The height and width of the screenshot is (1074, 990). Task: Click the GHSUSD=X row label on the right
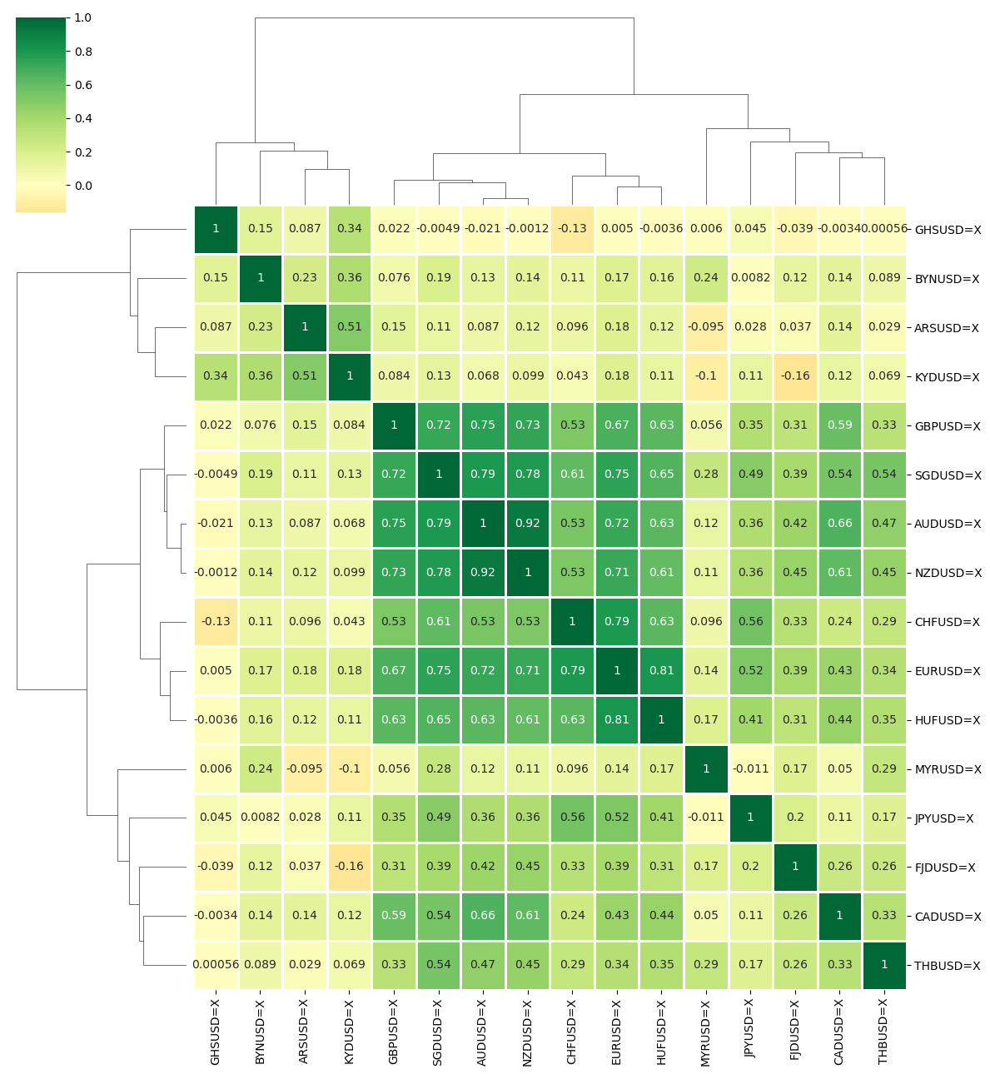948,230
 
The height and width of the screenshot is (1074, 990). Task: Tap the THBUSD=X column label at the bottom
883,1031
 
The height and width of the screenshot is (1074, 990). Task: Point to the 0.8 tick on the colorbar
82,52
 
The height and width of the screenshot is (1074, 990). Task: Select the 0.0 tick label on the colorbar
82,186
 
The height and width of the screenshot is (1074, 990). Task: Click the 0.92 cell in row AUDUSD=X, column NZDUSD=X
528,524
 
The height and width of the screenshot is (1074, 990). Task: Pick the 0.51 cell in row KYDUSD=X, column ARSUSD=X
305,376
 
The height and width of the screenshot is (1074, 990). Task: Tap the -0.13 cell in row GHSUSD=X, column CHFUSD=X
572,229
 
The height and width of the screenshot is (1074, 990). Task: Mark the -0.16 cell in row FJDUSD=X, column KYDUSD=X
350,867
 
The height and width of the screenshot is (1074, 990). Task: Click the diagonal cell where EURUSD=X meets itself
617,670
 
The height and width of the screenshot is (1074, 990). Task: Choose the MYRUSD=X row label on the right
948,769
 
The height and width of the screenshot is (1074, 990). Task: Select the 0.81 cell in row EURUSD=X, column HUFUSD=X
662,670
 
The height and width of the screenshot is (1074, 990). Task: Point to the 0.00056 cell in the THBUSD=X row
216,965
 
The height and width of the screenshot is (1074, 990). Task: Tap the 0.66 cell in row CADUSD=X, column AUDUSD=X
483,916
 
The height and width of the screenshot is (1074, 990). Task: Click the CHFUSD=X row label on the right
947,622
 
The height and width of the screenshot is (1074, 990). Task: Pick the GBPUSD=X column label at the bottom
393,1030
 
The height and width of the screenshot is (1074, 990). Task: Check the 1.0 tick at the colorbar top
82,17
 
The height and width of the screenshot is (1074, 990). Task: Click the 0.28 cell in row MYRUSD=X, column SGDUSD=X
439,769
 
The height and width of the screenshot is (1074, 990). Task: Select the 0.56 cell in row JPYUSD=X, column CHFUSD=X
572,818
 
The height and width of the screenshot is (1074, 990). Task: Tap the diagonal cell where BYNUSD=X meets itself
261,278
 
